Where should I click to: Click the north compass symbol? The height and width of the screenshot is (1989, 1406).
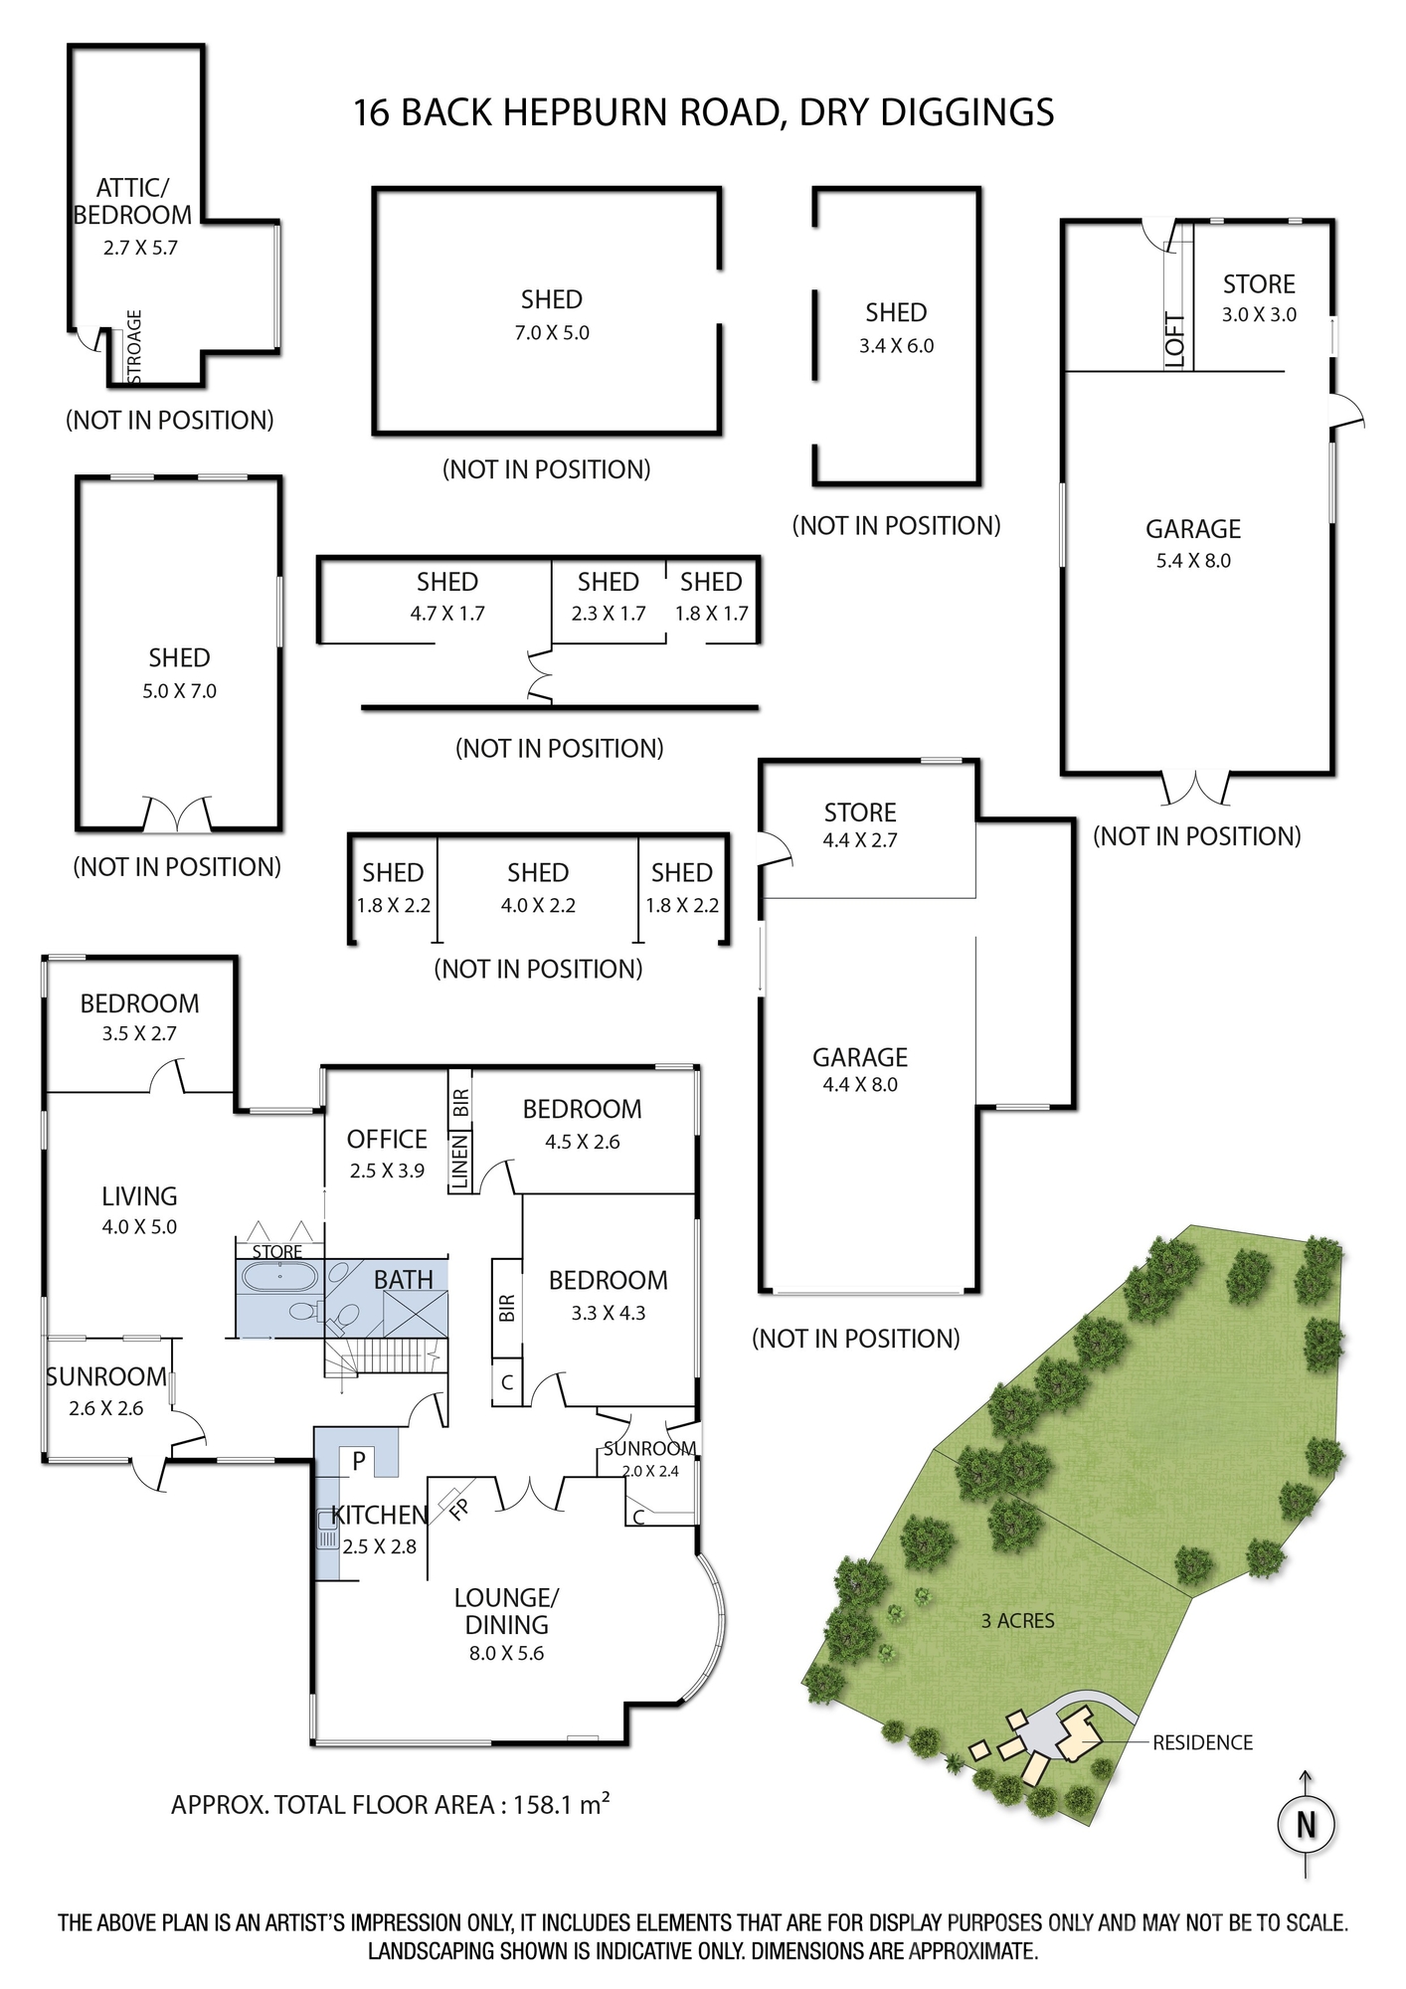point(1306,1825)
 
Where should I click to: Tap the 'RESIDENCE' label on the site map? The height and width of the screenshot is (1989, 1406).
point(1202,1743)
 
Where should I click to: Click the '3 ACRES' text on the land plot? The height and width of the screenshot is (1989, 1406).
point(1017,1621)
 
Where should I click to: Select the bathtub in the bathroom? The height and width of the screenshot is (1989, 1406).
point(277,1277)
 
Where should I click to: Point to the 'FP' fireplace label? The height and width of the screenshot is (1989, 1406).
point(458,1509)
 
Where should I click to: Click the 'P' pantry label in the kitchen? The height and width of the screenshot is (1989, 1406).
point(359,1460)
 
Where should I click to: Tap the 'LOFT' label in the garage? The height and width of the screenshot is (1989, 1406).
point(1175,341)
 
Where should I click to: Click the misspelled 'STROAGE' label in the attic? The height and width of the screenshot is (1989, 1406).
point(135,346)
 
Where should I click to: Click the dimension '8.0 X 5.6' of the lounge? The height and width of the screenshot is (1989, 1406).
point(506,1654)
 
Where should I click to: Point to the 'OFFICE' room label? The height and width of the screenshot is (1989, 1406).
point(387,1139)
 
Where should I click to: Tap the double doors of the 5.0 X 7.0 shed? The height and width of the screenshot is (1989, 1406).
point(178,814)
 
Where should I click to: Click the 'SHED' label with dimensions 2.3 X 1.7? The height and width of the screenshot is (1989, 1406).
point(608,582)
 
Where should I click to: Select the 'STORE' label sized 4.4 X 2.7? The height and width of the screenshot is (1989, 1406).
point(860,813)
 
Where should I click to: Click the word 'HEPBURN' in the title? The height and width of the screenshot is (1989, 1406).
point(586,112)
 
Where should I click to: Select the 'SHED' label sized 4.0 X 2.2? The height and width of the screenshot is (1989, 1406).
point(538,873)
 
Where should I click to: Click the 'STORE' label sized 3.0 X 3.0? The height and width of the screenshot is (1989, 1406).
point(1259,284)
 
